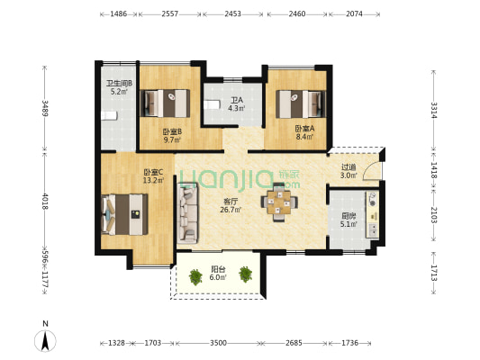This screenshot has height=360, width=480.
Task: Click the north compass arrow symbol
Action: pyautogui.click(x=45, y=341)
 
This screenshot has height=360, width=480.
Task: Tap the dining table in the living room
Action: pyautogui.click(x=279, y=202)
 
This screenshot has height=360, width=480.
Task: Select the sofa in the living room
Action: pyautogui.click(x=187, y=212)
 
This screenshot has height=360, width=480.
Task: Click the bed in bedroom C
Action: pyautogui.click(x=124, y=214)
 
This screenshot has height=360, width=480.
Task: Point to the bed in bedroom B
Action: pyautogui.click(x=165, y=103)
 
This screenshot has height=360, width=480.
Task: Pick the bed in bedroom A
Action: pyautogui.click(x=301, y=104)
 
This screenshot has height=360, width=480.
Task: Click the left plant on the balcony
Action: pyautogui.click(x=195, y=277)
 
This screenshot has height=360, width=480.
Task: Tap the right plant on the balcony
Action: pyautogui.click(x=246, y=274)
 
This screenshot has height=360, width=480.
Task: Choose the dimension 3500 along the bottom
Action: pyautogui.click(x=218, y=343)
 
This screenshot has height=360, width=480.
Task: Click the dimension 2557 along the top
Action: pyautogui.click(x=170, y=13)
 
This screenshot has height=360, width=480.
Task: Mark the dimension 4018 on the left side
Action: pyautogui.click(x=45, y=202)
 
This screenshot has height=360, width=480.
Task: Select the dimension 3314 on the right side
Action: pyautogui.click(x=434, y=110)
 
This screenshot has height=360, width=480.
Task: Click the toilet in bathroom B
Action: pyautogui.click(x=109, y=116)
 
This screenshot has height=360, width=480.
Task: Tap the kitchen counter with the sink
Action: pyautogui.click(x=373, y=214)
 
